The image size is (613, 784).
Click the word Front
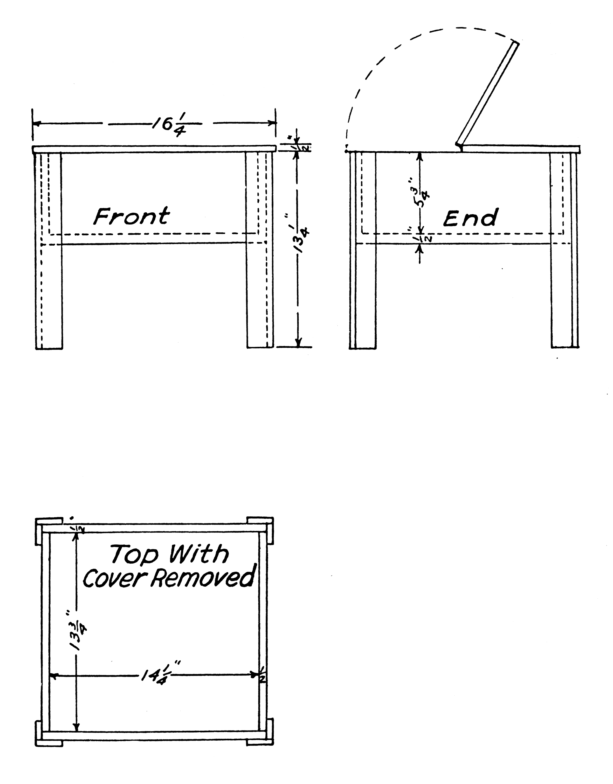[x=131, y=216]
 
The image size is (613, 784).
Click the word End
[x=471, y=218]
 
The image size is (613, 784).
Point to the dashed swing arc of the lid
[x=377, y=65]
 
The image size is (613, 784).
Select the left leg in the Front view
[x=49, y=251]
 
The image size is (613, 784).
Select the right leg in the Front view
[x=259, y=251]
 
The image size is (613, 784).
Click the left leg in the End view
[x=363, y=251]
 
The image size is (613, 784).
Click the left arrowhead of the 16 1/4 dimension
[x=36, y=123]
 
